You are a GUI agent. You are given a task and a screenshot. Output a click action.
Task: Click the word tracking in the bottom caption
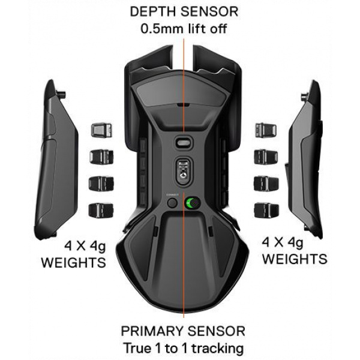pos(218,349)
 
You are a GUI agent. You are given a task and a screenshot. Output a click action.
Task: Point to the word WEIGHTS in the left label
pos(73,263)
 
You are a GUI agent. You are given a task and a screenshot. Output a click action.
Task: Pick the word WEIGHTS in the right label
pos(295,259)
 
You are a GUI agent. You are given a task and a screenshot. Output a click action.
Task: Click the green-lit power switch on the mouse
pos(193,203)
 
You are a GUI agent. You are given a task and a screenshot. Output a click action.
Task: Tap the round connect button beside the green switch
pos(172,203)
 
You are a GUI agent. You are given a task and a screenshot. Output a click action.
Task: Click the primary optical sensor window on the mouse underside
pos(184,170)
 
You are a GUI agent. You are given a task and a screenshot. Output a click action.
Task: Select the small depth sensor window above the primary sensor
pos(184,143)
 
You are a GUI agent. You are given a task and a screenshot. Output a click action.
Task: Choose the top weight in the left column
pos(101,130)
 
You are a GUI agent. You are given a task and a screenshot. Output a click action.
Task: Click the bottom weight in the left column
pos(101,211)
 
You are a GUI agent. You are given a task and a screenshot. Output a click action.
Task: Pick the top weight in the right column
pos(266,130)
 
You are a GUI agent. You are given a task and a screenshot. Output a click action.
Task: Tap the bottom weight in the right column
pos(266,211)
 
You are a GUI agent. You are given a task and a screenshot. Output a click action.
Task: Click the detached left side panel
pos(56,160)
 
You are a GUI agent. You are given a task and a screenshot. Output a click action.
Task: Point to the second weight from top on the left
pos(101,157)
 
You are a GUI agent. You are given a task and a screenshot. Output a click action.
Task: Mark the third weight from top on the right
pos(266,184)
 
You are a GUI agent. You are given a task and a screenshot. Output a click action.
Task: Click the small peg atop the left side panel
pos(61,94)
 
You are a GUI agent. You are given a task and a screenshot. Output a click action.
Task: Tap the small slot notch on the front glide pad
pos(184,105)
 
